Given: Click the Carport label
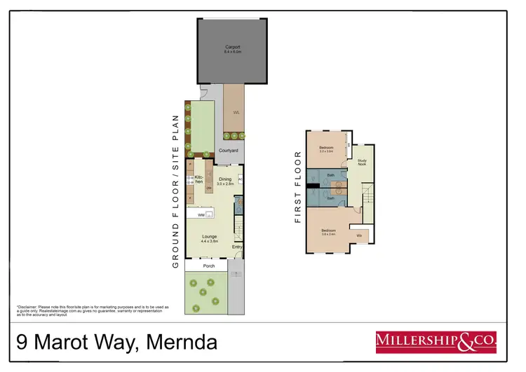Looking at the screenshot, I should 231,50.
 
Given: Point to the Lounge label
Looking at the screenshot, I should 209,239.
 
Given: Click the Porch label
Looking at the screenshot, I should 208,266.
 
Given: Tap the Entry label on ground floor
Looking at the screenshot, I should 236,247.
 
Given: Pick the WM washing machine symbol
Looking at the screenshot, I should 201,215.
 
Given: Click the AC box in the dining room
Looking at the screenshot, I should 240,179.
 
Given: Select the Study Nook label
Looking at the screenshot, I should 362,162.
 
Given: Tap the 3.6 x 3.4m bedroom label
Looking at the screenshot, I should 328,233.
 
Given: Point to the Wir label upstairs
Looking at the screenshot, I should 359,235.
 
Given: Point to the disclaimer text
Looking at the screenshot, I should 93,311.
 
